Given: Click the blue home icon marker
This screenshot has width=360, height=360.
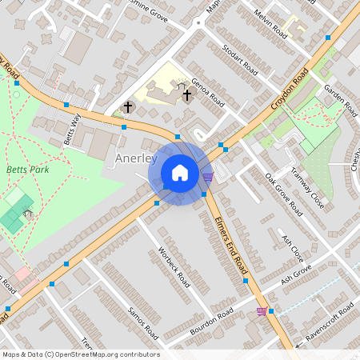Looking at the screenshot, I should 180,173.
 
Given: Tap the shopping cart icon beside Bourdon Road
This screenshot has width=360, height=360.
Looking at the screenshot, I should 262,311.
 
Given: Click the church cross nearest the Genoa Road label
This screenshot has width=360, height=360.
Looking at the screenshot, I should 187,95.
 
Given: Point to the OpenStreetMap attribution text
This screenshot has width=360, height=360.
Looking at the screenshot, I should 81,354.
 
